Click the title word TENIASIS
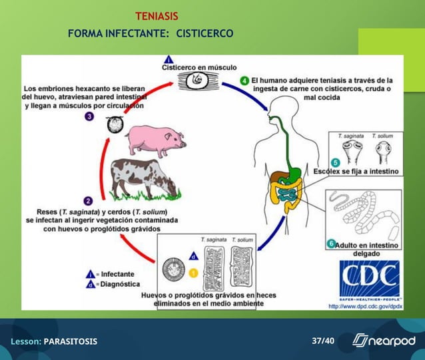(157, 16)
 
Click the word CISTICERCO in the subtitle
(205, 33)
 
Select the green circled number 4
(244, 81)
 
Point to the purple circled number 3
(89, 116)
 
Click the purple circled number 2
(87, 200)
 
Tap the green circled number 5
(335, 162)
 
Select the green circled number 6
(331, 244)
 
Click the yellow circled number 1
(193, 272)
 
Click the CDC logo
(369, 279)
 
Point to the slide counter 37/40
(323, 341)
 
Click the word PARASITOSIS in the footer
(70, 341)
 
